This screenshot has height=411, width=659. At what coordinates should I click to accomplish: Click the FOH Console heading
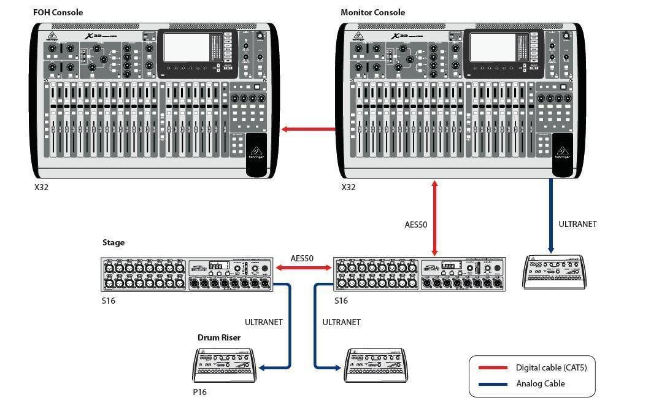pos(58,12)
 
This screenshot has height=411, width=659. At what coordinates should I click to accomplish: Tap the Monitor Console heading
pos(372,12)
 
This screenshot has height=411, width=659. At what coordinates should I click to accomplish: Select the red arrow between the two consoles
pos(309,129)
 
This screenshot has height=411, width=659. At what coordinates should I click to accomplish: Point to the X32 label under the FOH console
pos(41,187)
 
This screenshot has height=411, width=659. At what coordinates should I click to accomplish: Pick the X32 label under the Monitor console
pos(348,187)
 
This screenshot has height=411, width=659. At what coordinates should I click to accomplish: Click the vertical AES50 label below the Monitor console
pos(415,225)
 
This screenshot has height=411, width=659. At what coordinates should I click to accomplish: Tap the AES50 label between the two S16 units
pos(302,258)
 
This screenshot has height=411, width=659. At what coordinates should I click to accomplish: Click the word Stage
pos(113,242)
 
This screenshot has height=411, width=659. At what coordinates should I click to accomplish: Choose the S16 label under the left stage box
pos(108,301)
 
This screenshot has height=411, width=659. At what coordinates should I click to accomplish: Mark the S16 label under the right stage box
pos(341,301)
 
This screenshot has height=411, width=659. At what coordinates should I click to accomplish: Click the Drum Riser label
pos(218,337)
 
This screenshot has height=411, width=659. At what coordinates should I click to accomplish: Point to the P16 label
pos(199,392)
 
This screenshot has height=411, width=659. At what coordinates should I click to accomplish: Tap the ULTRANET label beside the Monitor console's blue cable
pos(577,224)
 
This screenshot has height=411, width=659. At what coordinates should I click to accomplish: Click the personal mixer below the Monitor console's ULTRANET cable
pos(554,271)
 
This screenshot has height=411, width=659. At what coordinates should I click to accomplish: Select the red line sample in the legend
pos(492,367)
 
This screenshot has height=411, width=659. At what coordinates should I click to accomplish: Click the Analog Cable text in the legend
pos(540,383)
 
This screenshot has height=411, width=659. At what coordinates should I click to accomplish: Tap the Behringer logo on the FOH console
pos(256,152)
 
